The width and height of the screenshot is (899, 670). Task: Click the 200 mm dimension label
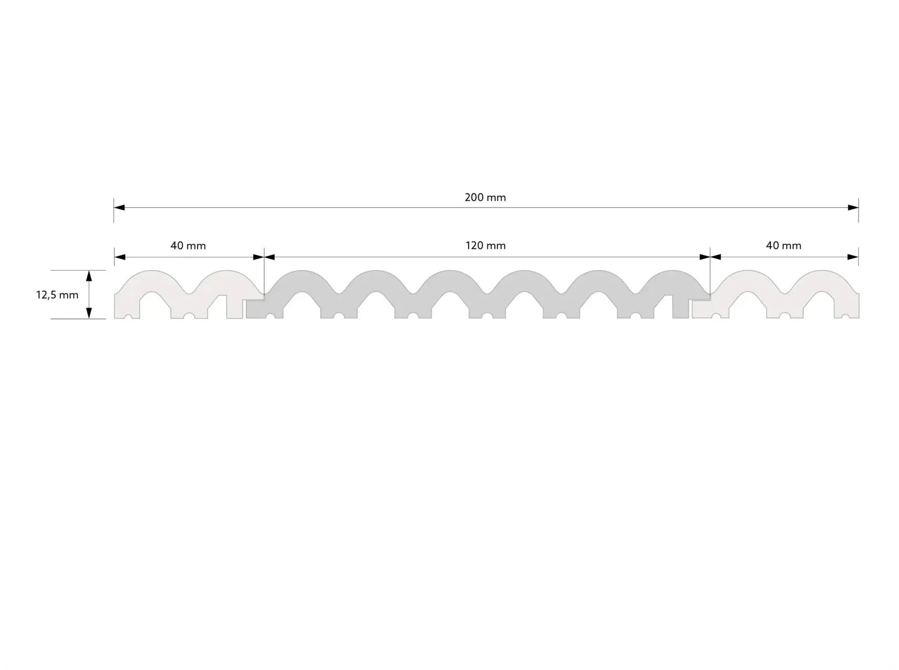(x=485, y=197)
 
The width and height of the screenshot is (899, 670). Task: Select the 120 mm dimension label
(x=486, y=246)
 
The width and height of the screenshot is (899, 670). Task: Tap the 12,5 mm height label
(x=57, y=295)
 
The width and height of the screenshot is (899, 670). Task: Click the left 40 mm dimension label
(x=188, y=246)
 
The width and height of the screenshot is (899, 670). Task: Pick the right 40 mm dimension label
(x=784, y=246)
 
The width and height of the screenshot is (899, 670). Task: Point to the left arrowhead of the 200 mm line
(x=119, y=208)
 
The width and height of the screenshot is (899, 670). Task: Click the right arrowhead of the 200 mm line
(x=853, y=208)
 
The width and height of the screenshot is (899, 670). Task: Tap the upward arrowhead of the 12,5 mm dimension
(x=89, y=276)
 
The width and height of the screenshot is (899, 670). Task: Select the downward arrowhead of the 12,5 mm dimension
(x=89, y=313)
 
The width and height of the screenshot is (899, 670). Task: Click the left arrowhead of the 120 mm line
(x=270, y=257)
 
